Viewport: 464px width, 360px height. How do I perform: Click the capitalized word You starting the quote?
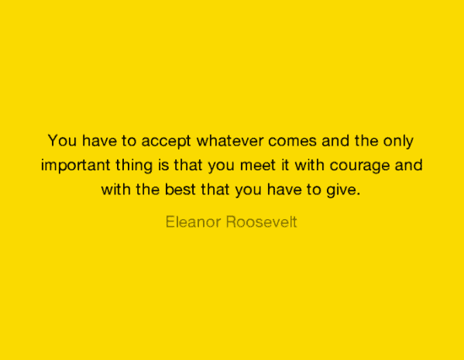pyautogui.click(x=62, y=140)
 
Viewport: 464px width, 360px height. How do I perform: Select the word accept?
pyautogui.click(x=166, y=142)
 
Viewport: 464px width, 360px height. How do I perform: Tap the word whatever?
pyautogui.click(x=230, y=140)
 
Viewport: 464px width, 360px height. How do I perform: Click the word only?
pyautogui.click(x=398, y=142)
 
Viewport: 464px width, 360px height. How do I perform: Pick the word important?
pyautogui.click(x=75, y=166)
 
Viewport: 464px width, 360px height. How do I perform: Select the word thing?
pyautogui.click(x=134, y=166)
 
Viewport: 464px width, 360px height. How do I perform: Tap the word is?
pyautogui.click(x=163, y=165)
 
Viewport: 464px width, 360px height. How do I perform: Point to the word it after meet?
pyautogui.click(x=284, y=165)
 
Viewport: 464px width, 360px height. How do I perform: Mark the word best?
pyautogui.click(x=180, y=190)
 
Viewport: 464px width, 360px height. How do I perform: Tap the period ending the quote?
pyautogui.click(x=359, y=194)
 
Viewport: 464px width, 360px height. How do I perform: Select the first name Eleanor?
pyautogui.click(x=193, y=222)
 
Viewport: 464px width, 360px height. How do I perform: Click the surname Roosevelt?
pyautogui.click(x=261, y=222)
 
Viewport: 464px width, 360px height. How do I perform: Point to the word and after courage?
pyautogui.click(x=409, y=165)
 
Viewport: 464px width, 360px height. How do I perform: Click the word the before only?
pyautogui.click(x=366, y=140)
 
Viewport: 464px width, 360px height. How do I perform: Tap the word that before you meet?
pyautogui.click(x=188, y=165)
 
